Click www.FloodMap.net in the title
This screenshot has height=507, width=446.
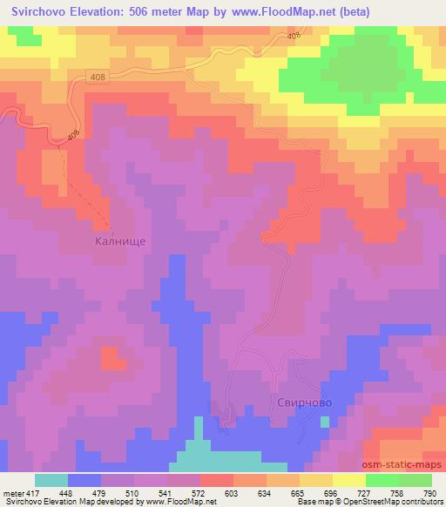274,12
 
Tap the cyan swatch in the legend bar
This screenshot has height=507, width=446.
52,479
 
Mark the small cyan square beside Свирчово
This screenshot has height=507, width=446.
325,422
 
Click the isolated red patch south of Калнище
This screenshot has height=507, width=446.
110,357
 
